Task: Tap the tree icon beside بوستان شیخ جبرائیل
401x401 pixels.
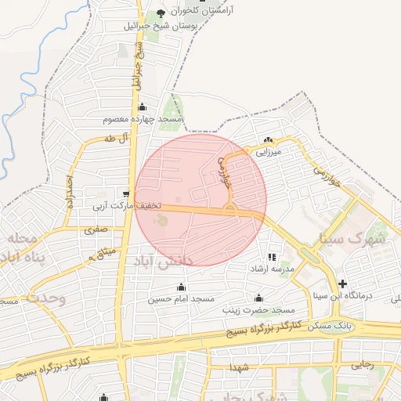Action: point(161,13)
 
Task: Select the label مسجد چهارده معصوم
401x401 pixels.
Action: point(143,120)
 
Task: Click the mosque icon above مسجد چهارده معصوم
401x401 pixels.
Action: point(142,107)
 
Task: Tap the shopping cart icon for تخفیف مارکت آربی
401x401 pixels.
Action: point(126,193)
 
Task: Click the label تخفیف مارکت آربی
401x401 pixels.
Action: point(128,206)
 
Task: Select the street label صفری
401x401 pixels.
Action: point(96,230)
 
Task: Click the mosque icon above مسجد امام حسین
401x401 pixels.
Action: point(182,287)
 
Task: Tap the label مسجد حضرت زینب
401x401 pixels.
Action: point(259,310)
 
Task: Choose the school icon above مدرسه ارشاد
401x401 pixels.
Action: point(271,257)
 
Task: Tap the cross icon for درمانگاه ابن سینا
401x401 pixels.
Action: point(341,284)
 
